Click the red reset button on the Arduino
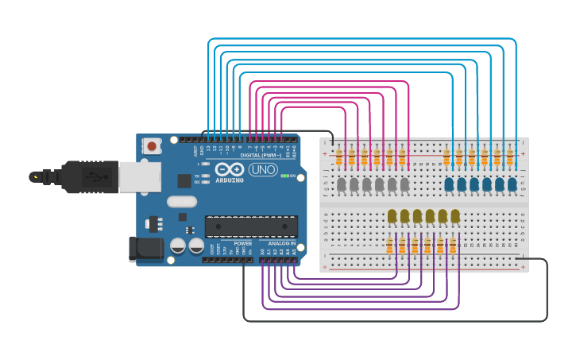tap(151, 145)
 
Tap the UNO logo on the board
tap(263, 169)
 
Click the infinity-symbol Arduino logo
tap(229, 169)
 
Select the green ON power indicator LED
tap(284, 176)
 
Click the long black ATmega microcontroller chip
tap(251, 226)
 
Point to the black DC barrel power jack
tap(146, 249)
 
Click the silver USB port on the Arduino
tap(140, 176)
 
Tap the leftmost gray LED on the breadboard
tap(341, 184)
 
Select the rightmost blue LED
tap(512, 184)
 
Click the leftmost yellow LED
tap(392, 215)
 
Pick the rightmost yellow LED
tap(455, 215)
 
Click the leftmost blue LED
tap(449, 184)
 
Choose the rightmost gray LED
tap(404, 184)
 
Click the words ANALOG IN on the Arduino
tap(281, 244)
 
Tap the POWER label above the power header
tap(243, 244)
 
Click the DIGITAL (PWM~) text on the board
tap(261, 155)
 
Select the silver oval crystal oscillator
tap(182, 202)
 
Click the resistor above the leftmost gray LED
tap(339, 157)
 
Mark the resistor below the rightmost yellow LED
tap(453, 246)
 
